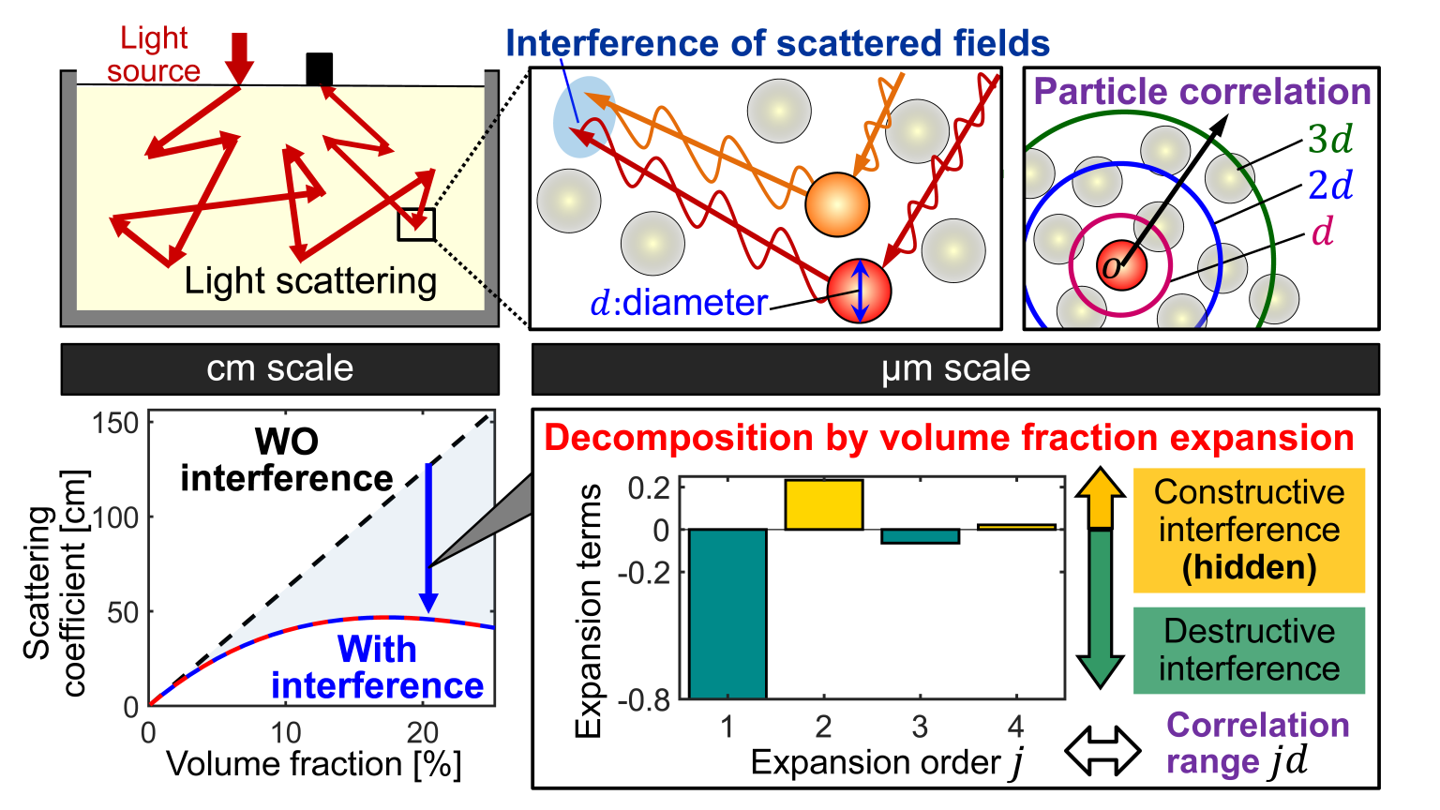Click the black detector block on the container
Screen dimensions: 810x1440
pyautogui.click(x=319, y=69)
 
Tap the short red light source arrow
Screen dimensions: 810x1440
pyautogui.click(x=240, y=56)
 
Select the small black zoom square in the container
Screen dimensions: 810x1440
pyautogui.click(x=416, y=224)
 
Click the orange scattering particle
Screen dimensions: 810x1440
pyautogui.click(x=837, y=204)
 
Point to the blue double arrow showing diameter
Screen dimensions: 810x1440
pyautogui.click(x=861, y=291)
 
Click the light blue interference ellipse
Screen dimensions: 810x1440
pyautogui.click(x=583, y=116)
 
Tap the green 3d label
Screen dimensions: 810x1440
pyautogui.click(x=1330, y=141)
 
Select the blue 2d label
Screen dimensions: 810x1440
pyautogui.click(x=1330, y=187)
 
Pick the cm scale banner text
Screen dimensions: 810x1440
pyautogui.click(x=279, y=368)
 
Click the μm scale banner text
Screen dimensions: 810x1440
pyautogui.click(x=955, y=368)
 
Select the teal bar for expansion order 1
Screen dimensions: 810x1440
pyautogui.click(x=727, y=613)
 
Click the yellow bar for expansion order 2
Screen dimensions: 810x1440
pyautogui.click(x=823, y=504)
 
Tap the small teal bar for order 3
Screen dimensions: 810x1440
pyautogui.click(x=920, y=536)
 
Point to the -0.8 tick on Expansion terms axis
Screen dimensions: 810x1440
pyautogui.click(x=646, y=699)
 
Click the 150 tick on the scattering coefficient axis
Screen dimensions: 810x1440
pyautogui.click(x=115, y=423)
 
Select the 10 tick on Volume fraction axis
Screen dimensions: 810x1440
pyautogui.click(x=285, y=732)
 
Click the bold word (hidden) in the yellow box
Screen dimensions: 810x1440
pyautogui.click(x=1249, y=568)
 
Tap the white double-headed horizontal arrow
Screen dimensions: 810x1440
pyautogui.click(x=1102, y=751)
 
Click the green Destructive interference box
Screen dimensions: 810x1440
pyautogui.click(x=1249, y=650)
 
